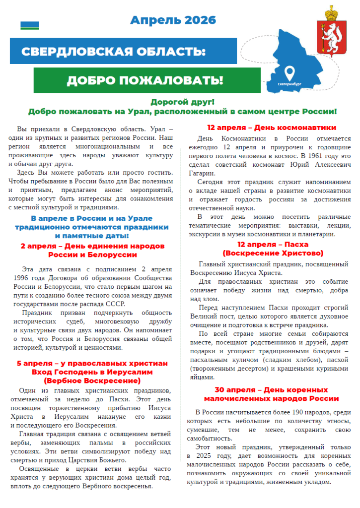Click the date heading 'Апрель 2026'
click(x=173, y=20)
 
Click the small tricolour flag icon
click(x=30, y=25)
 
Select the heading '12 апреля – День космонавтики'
click(x=272, y=127)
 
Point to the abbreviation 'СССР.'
click(x=115, y=304)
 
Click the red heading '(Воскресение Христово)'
click(x=272, y=253)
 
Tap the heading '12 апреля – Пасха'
click(x=273, y=245)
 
